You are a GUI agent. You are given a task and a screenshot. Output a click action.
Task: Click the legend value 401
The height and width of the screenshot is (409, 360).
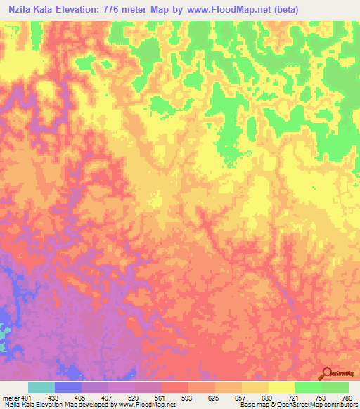pos(27,398)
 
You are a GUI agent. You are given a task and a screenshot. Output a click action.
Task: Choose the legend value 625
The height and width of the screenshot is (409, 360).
pos(215,398)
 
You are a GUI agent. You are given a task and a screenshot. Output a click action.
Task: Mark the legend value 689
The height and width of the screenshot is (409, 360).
pos(269,398)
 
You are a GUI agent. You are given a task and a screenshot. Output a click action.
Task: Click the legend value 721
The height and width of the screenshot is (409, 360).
pos(295,398)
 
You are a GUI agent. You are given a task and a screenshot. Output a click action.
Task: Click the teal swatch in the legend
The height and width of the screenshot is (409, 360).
pos(41,387)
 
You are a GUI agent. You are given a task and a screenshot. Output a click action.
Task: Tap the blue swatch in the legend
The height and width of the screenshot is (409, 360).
pos(68,387)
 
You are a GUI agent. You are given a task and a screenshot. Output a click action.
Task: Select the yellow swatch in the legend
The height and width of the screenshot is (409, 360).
pos(282,387)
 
